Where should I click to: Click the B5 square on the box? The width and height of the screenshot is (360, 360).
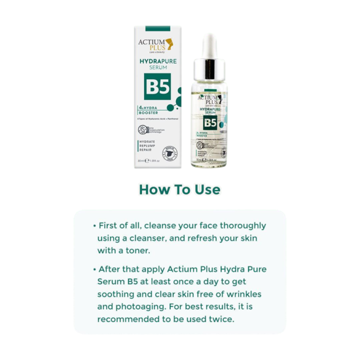point(157,88)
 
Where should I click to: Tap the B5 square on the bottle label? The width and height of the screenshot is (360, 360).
point(209,122)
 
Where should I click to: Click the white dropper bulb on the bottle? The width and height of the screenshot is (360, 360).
point(209,45)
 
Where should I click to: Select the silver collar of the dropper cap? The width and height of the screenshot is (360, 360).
point(209,67)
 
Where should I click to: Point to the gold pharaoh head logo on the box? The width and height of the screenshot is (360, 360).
point(169,44)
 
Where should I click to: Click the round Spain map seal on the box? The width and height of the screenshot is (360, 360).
point(170,153)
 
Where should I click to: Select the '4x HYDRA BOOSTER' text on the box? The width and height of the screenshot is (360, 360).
point(149,111)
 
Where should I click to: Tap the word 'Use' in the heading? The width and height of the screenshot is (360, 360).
point(207,190)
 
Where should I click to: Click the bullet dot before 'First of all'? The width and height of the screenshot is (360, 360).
point(95,225)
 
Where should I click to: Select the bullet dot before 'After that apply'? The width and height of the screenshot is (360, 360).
point(95,269)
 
